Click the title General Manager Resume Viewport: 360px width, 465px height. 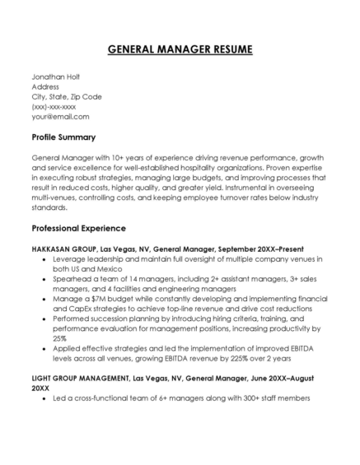tap(180, 50)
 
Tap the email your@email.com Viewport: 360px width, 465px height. tap(60, 116)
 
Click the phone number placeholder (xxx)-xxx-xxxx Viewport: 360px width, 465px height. tap(54, 106)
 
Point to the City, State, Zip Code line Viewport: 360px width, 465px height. tap(67, 95)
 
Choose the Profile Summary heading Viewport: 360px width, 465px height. tap(63, 137)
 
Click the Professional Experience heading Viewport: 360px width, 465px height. tap(78, 227)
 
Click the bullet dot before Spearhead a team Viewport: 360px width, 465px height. tap(44, 280)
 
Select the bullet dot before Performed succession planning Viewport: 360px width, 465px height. tap(44, 317)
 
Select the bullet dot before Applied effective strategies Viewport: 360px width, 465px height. tap(44, 348)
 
